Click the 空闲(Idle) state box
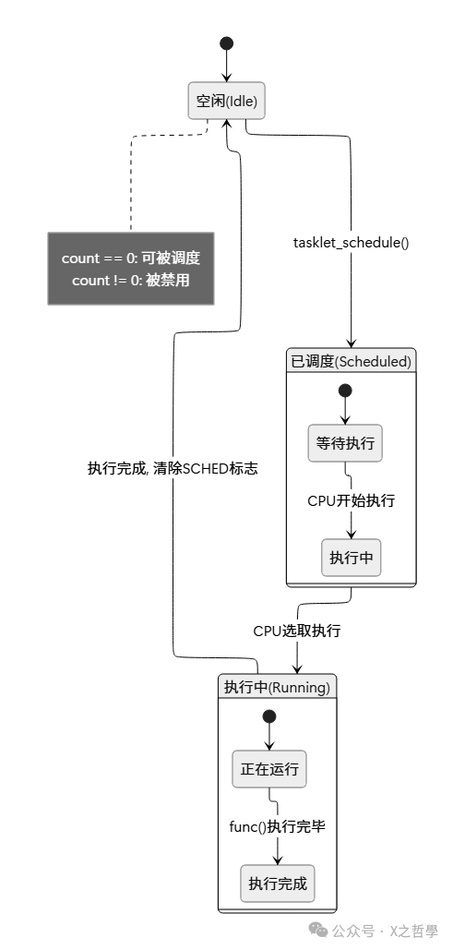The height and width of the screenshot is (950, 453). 227,102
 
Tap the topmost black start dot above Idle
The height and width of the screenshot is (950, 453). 227,43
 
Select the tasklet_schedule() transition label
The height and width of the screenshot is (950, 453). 351,243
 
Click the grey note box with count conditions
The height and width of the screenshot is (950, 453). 131,269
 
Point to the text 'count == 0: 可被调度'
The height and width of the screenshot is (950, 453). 131,259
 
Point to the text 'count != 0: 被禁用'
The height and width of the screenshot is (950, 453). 131,280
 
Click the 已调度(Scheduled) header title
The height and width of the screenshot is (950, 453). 351,361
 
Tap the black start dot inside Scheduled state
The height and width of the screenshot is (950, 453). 345,390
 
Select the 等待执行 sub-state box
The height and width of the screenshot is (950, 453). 345,443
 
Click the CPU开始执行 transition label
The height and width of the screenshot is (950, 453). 351,500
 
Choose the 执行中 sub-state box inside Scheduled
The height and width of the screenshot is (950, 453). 351,558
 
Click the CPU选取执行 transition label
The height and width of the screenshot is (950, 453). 297,631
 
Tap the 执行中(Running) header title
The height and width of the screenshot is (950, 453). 277,687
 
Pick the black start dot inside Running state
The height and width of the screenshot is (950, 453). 269,716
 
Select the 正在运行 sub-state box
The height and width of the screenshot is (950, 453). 269,769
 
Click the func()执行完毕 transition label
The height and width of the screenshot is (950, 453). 277,826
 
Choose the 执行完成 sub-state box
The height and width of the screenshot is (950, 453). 277,884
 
